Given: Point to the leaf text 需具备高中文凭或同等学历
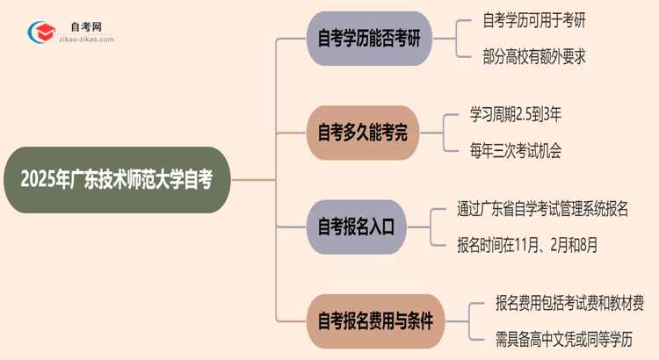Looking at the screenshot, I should [563, 337].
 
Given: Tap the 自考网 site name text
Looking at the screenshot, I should [86, 27].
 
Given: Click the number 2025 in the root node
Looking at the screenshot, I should [38, 181].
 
